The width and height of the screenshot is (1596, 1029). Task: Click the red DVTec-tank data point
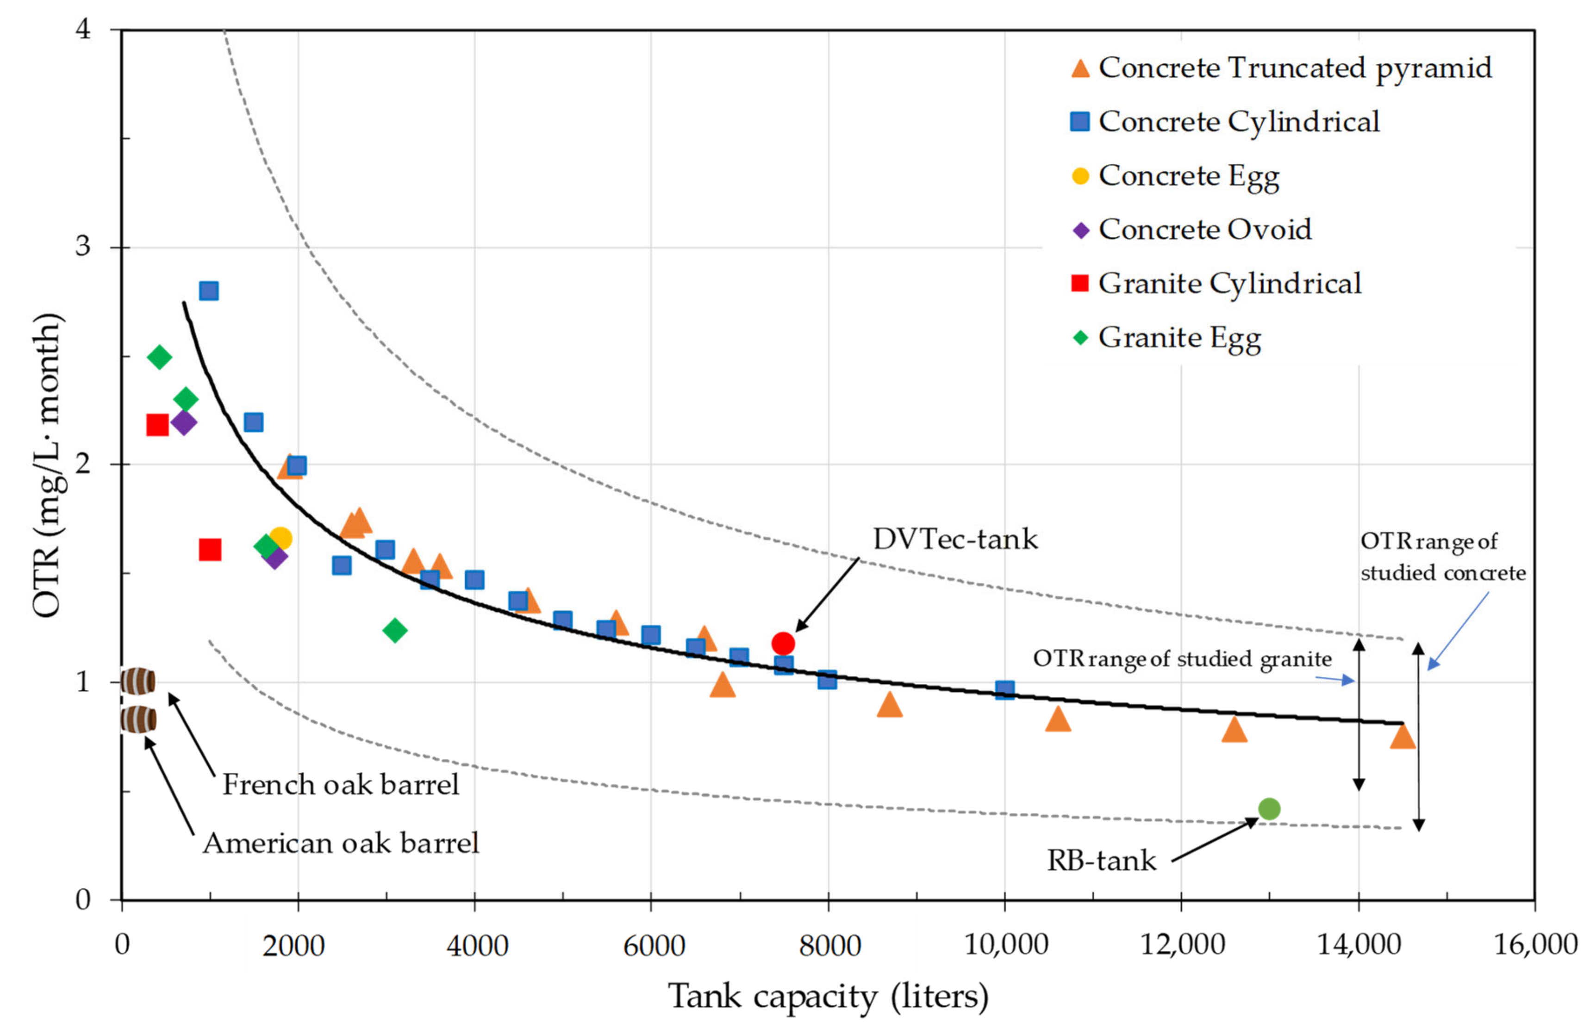pyautogui.click(x=783, y=644)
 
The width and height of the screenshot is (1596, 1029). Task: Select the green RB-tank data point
pyautogui.click(x=1268, y=808)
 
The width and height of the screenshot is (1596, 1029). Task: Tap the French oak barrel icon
pyautogui.click(x=138, y=682)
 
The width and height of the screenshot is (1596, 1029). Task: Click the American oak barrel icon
pyautogui.click(x=138, y=719)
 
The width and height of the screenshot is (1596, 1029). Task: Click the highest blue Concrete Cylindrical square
pyautogui.click(x=208, y=291)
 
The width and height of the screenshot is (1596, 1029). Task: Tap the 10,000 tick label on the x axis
pyautogui.click(x=1006, y=945)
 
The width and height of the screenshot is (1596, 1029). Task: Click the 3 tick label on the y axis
pyautogui.click(x=82, y=247)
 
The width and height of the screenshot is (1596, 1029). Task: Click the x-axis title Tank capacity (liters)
pyautogui.click(x=828, y=996)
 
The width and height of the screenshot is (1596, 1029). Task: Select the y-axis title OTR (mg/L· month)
pyautogui.click(x=47, y=465)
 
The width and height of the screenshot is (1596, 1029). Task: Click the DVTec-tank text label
pyautogui.click(x=955, y=539)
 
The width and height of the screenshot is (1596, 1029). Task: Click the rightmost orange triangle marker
pyautogui.click(x=1402, y=736)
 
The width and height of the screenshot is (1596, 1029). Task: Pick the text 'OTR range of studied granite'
pyautogui.click(x=1182, y=659)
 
